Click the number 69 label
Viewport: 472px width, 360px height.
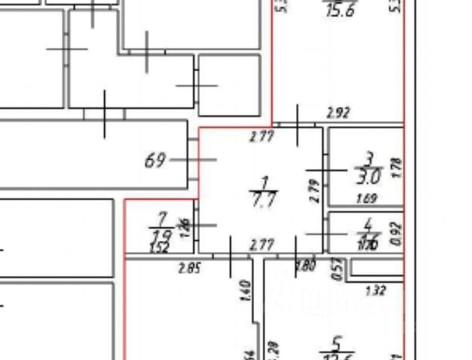pos(154,160)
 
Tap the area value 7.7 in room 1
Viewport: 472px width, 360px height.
pos(264,199)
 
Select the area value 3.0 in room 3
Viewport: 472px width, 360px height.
pos(369,177)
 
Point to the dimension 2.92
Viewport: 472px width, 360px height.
pos(339,114)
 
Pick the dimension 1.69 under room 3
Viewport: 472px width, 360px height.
pos(366,199)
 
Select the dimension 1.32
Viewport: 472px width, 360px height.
pos(375,290)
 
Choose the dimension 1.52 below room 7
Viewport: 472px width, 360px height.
pos(159,248)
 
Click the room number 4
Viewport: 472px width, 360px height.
pos(368,223)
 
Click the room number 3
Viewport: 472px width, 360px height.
pos(369,159)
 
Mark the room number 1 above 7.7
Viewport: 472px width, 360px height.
pos(264,183)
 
